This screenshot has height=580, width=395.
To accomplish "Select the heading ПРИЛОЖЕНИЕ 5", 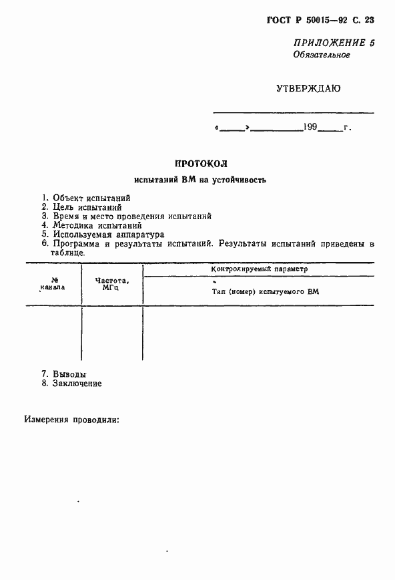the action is pyautogui.click(x=333, y=43).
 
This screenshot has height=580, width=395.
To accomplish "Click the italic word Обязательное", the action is pyautogui.click(x=322, y=55).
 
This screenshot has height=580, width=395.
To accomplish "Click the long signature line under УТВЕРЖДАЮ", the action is pyautogui.click(x=294, y=112).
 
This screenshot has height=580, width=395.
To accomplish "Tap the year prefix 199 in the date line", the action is pyautogui.click(x=310, y=127).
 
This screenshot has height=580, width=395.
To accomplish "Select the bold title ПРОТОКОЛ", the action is pyautogui.click(x=201, y=164).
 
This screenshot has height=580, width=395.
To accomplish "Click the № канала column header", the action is pyautogui.click(x=53, y=285).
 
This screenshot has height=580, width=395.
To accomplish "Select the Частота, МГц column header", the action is pyautogui.click(x=111, y=285).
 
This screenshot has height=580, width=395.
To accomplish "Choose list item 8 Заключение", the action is pyautogui.click(x=71, y=384).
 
